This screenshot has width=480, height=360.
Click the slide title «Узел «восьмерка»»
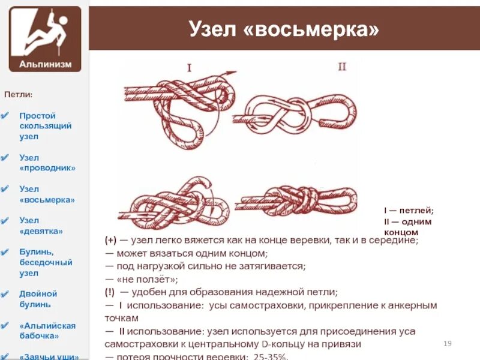coord(284,28)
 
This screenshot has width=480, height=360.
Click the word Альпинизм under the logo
coord(45,63)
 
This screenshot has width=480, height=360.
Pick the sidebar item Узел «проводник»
coord(47,163)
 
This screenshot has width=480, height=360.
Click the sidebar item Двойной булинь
coord(38,299)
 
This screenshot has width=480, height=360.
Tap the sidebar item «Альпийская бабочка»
coord(47,331)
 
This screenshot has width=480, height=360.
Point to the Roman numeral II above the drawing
coord(341,67)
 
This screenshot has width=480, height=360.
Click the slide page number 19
coord(446,343)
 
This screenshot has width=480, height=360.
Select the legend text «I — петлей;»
coord(409,211)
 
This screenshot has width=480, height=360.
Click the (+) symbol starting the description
coord(111,239)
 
